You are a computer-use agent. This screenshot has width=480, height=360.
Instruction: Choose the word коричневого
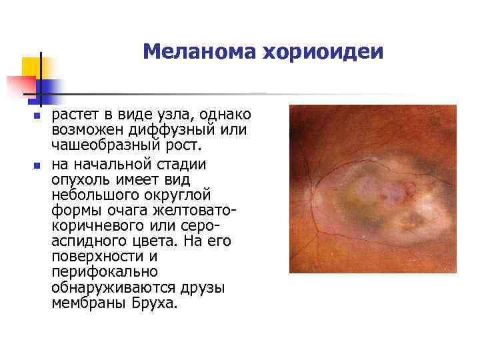click(x=96, y=226)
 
